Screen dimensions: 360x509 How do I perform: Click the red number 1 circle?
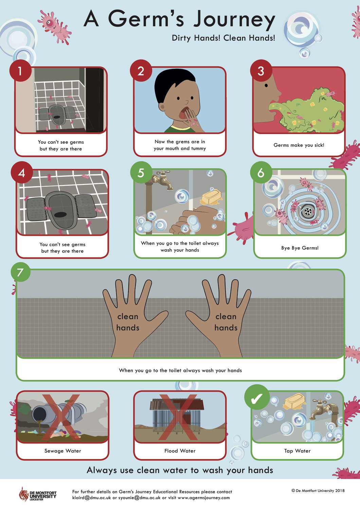point(20,71)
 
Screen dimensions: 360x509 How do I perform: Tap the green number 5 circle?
point(141,172)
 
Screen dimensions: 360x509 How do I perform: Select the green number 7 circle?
point(20,272)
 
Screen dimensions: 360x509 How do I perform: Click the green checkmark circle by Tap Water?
point(257,398)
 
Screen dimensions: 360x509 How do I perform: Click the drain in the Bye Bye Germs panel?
point(308,211)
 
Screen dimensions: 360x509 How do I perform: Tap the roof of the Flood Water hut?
point(177,404)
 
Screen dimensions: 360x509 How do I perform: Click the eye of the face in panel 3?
point(266,86)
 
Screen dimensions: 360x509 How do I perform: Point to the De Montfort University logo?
point(37,494)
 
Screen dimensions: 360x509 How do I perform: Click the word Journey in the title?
point(234,20)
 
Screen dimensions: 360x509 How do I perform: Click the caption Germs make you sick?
point(299,145)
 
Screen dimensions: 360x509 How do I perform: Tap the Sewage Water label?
point(63,451)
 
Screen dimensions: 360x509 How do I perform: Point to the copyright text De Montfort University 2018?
point(318,491)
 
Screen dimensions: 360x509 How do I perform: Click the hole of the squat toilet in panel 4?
point(61,214)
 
